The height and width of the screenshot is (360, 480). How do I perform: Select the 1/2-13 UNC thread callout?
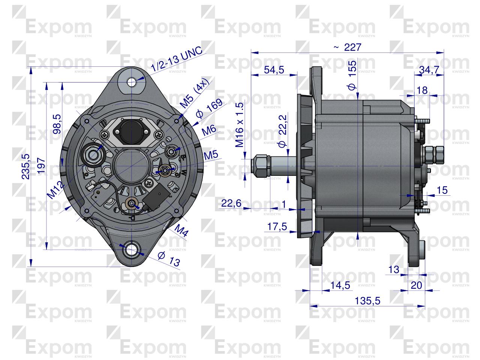tap(176, 59)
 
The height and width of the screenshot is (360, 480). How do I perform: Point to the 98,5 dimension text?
tap(57, 124)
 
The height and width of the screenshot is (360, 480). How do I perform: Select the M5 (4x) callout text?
tap(194, 96)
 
